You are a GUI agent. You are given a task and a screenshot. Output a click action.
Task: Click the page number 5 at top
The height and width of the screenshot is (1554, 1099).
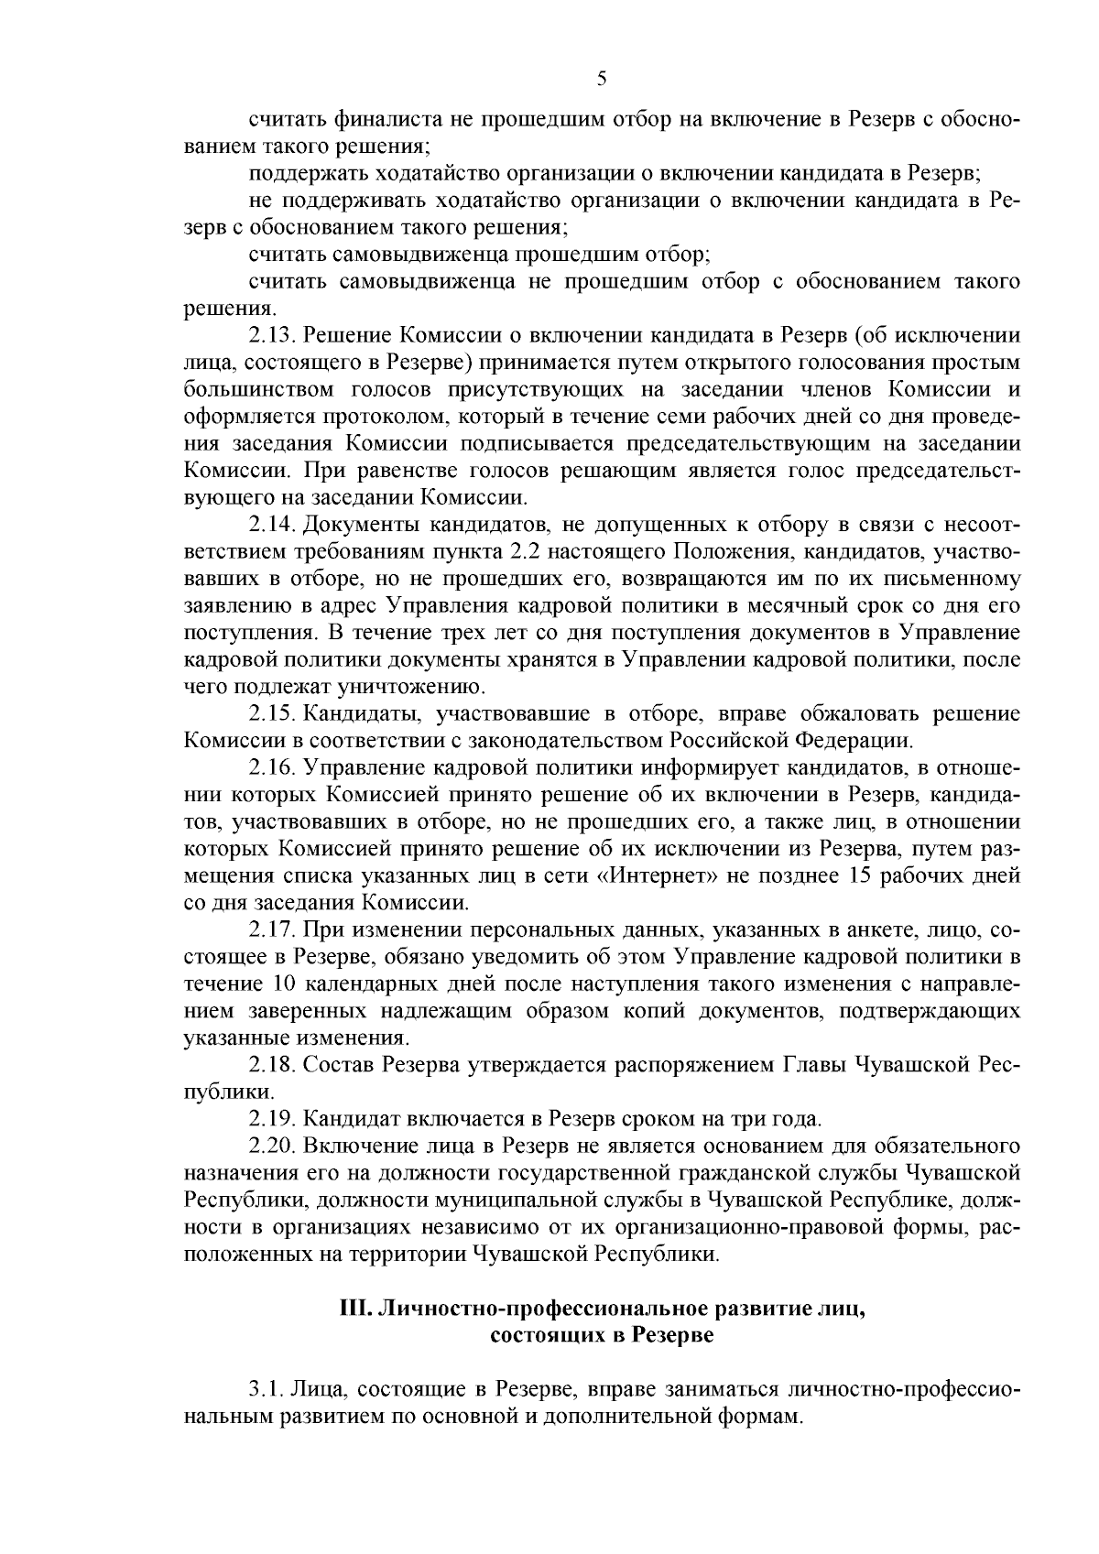pos(601,79)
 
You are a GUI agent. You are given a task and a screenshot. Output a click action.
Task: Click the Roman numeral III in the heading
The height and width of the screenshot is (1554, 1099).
pos(354,1309)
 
